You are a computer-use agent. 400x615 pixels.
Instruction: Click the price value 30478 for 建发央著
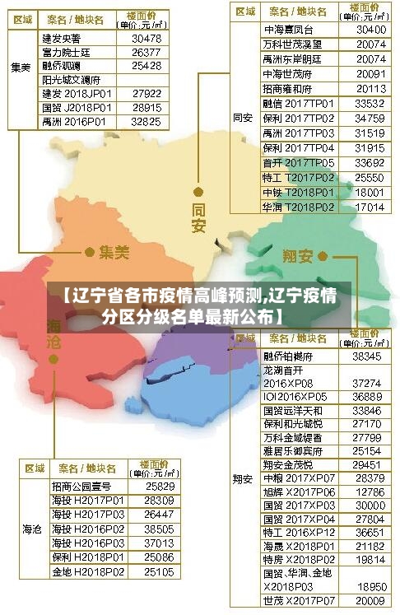coord(146,39)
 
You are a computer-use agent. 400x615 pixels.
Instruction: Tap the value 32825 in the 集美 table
coord(146,121)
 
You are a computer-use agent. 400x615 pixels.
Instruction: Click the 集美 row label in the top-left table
coord(21,66)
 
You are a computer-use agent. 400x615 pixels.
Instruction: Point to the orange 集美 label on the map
coord(114,253)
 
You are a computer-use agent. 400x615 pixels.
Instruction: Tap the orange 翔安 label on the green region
coord(297,256)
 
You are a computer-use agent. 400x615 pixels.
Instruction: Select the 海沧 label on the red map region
coord(54,334)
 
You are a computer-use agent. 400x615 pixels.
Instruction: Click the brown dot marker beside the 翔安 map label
coord(323,256)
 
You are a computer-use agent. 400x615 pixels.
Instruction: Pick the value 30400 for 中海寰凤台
coord(370,29)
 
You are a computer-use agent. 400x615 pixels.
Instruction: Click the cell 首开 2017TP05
coord(298,163)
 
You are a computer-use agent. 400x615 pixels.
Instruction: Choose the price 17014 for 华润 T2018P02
coord(370,207)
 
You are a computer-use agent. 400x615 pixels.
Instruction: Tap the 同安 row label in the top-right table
coord(243,118)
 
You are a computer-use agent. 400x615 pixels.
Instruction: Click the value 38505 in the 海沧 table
coord(159,529)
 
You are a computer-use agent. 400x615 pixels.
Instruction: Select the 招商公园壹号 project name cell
coord(81,487)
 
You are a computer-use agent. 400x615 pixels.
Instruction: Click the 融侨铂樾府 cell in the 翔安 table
coord(288,356)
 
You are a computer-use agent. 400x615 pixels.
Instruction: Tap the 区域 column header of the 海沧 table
coord(34,468)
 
